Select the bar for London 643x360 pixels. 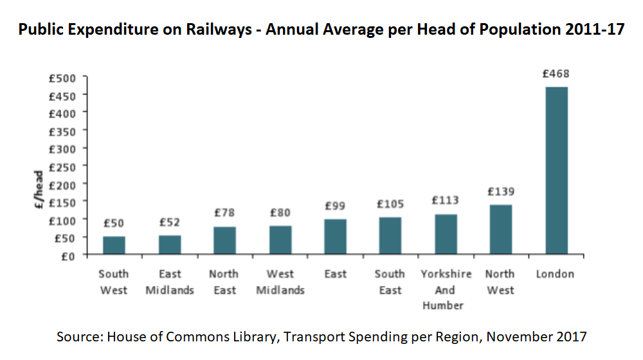556,170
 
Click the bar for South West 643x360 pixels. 114,246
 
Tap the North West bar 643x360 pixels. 500,230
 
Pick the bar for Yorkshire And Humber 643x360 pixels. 446,234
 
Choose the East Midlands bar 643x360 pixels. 170,245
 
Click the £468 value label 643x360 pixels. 556,74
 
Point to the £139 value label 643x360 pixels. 500,192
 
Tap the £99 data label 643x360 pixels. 335,206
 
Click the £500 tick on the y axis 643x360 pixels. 63,78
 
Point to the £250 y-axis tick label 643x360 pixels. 63,166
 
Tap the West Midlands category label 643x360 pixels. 280,282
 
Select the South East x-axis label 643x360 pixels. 390,282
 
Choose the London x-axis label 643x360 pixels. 555,274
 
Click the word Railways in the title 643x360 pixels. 219,30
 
